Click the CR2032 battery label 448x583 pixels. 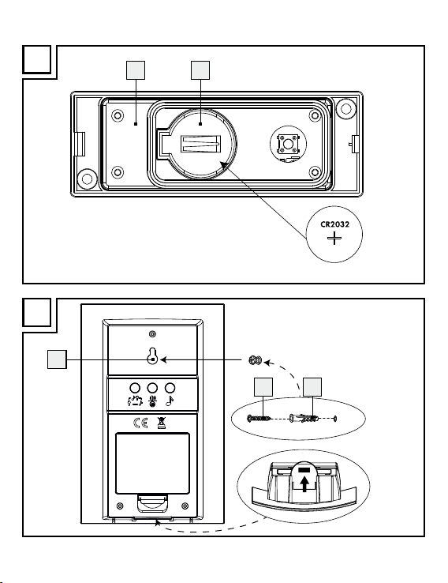(x=334, y=224)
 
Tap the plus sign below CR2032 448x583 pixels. (x=334, y=238)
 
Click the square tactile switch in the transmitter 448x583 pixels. (x=288, y=144)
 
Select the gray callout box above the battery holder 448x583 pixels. (x=200, y=70)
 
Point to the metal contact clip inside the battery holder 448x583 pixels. (x=200, y=144)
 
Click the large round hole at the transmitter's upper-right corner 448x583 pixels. (x=346, y=108)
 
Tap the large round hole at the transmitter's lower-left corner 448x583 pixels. (x=88, y=179)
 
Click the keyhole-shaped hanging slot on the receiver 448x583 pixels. (x=152, y=355)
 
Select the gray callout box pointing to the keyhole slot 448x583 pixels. (x=57, y=359)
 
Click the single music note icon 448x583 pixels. (x=170, y=401)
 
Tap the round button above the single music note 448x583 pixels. (x=170, y=388)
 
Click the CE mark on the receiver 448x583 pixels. (x=140, y=423)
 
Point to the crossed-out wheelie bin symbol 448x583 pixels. (x=162, y=423)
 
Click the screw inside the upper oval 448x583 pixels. (x=258, y=419)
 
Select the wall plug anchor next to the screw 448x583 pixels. (x=304, y=419)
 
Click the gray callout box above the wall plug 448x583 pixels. (x=312, y=387)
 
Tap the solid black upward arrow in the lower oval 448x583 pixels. (x=304, y=484)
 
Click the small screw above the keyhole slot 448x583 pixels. (x=152, y=334)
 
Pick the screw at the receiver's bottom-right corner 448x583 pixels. (x=185, y=506)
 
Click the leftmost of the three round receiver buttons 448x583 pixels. (x=135, y=388)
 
